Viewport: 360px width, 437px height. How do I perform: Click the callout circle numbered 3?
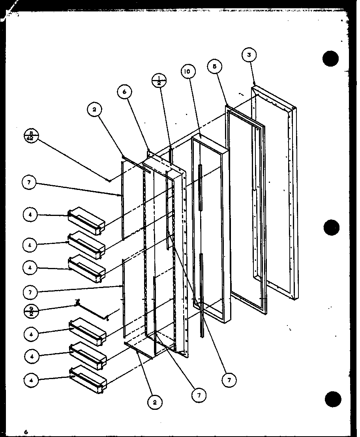pyautogui.click(x=249, y=55)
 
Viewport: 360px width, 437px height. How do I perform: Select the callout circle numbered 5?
pyautogui.click(x=215, y=67)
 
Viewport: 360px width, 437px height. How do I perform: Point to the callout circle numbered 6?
pyautogui.click(x=124, y=92)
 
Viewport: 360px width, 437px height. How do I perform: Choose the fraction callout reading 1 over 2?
pyautogui.click(x=159, y=80)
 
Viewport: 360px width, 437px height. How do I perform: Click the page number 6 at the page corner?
pyautogui.click(x=26, y=432)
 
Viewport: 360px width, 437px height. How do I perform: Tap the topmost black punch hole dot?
pyautogui.click(x=330, y=59)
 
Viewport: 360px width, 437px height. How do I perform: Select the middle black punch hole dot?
pyautogui.click(x=330, y=227)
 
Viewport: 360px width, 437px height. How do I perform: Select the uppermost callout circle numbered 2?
pyautogui.click(x=94, y=110)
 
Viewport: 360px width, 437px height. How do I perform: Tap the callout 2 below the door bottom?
pyautogui.click(x=155, y=402)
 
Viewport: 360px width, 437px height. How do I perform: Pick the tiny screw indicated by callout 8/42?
pyautogui.click(x=109, y=180)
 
